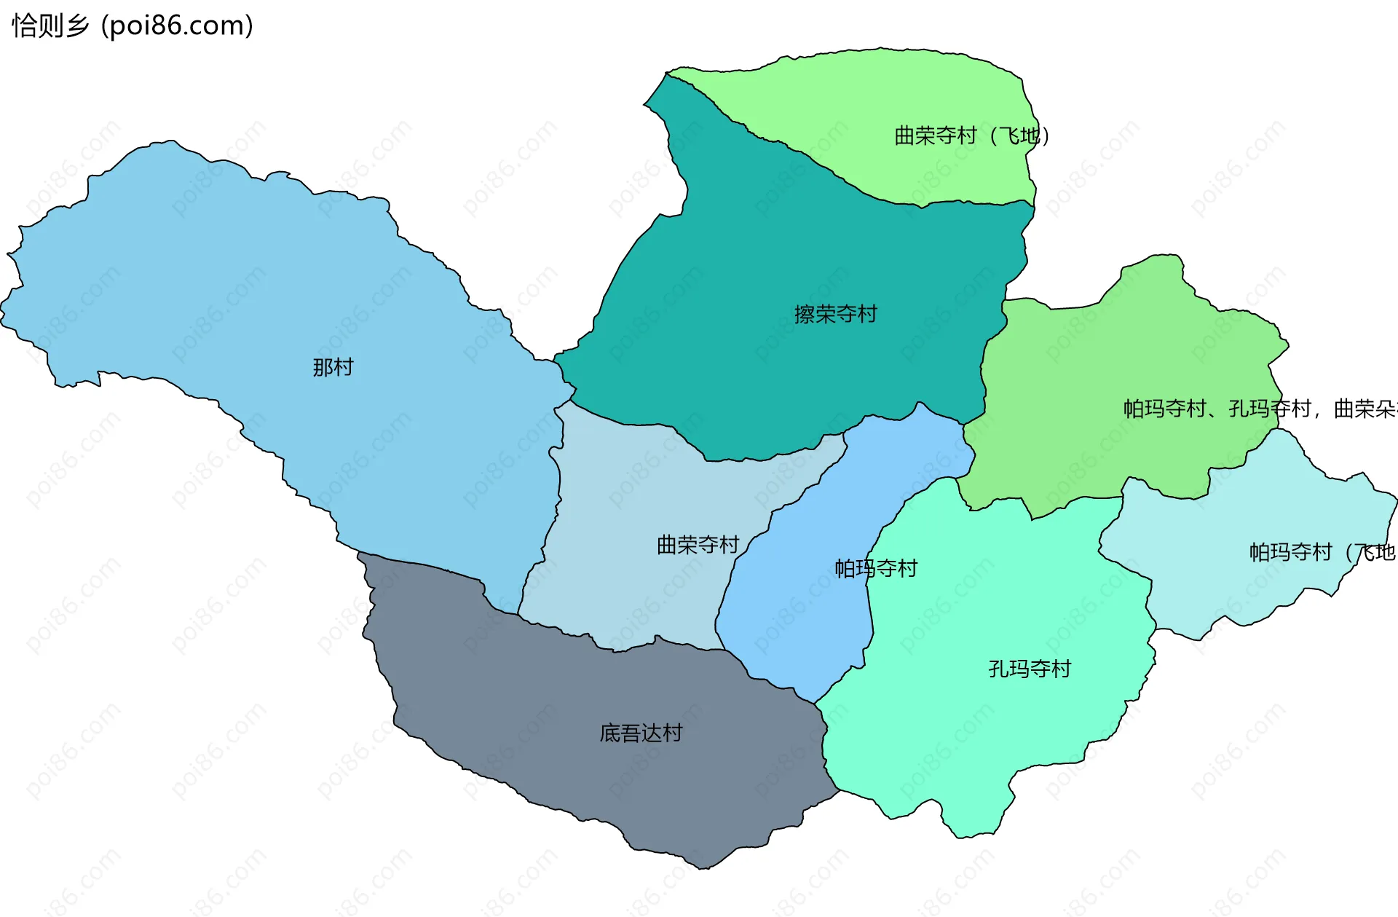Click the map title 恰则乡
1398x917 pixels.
click(50, 25)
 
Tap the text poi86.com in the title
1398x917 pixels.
click(177, 25)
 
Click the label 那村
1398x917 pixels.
click(333, 367)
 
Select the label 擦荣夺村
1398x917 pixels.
click(835, 314)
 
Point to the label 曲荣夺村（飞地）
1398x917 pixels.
click(971, 135)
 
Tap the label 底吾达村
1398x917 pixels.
click(641, 733)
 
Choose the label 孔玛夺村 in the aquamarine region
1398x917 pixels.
click(1030, 669)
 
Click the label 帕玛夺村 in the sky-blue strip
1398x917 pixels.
click(876, 568)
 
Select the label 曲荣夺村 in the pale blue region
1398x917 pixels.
click(698, 544)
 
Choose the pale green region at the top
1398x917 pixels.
click(874, 95)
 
